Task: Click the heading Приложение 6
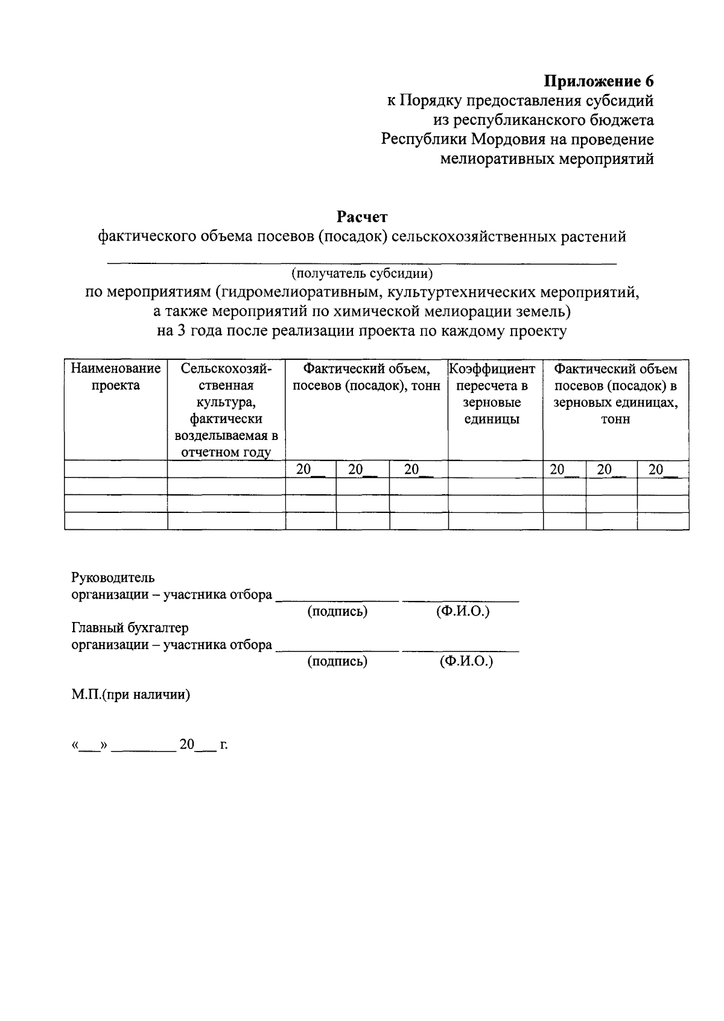[x=599, y=81]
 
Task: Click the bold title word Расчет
[x=362, y=216]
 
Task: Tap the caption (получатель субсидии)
[x=362, y=274]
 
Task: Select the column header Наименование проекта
[x=116, y=377]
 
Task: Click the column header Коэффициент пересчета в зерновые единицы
[x=492, y=394]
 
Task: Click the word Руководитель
[x=113, y=577]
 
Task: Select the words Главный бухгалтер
[x=130, y=628]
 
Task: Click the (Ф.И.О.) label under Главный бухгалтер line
[x=466, y=661]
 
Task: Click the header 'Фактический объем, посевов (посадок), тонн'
[x=366, y=377]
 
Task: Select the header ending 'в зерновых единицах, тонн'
[x=615, y=394]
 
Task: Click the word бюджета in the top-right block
[x=624, y=120]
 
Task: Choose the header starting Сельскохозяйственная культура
[x=226, y=410]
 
